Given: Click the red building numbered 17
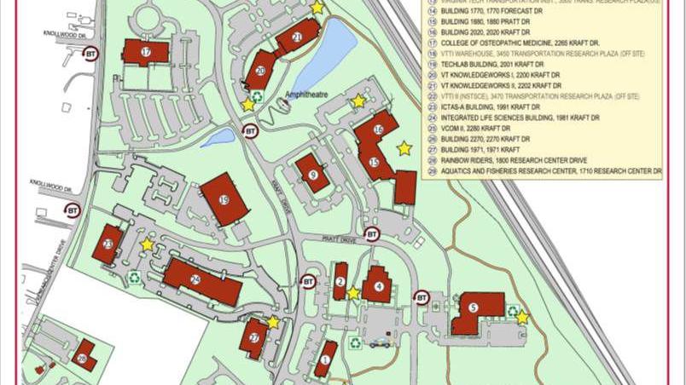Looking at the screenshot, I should click(x=145, y=52).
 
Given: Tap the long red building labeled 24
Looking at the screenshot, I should click(x=201, y=280).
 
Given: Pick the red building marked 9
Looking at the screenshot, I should click(x=313, y=174).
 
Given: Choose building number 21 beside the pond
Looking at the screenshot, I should click(x=297, y=36).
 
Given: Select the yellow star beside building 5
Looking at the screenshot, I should click(x=522, y=318).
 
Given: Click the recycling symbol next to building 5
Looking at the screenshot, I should click(x=513, y=311).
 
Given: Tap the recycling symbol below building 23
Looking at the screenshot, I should click(x=135, y=276).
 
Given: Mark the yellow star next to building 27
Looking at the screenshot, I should click(x=273, y=322).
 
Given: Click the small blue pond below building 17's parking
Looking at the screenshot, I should click(x=218, y=136).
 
